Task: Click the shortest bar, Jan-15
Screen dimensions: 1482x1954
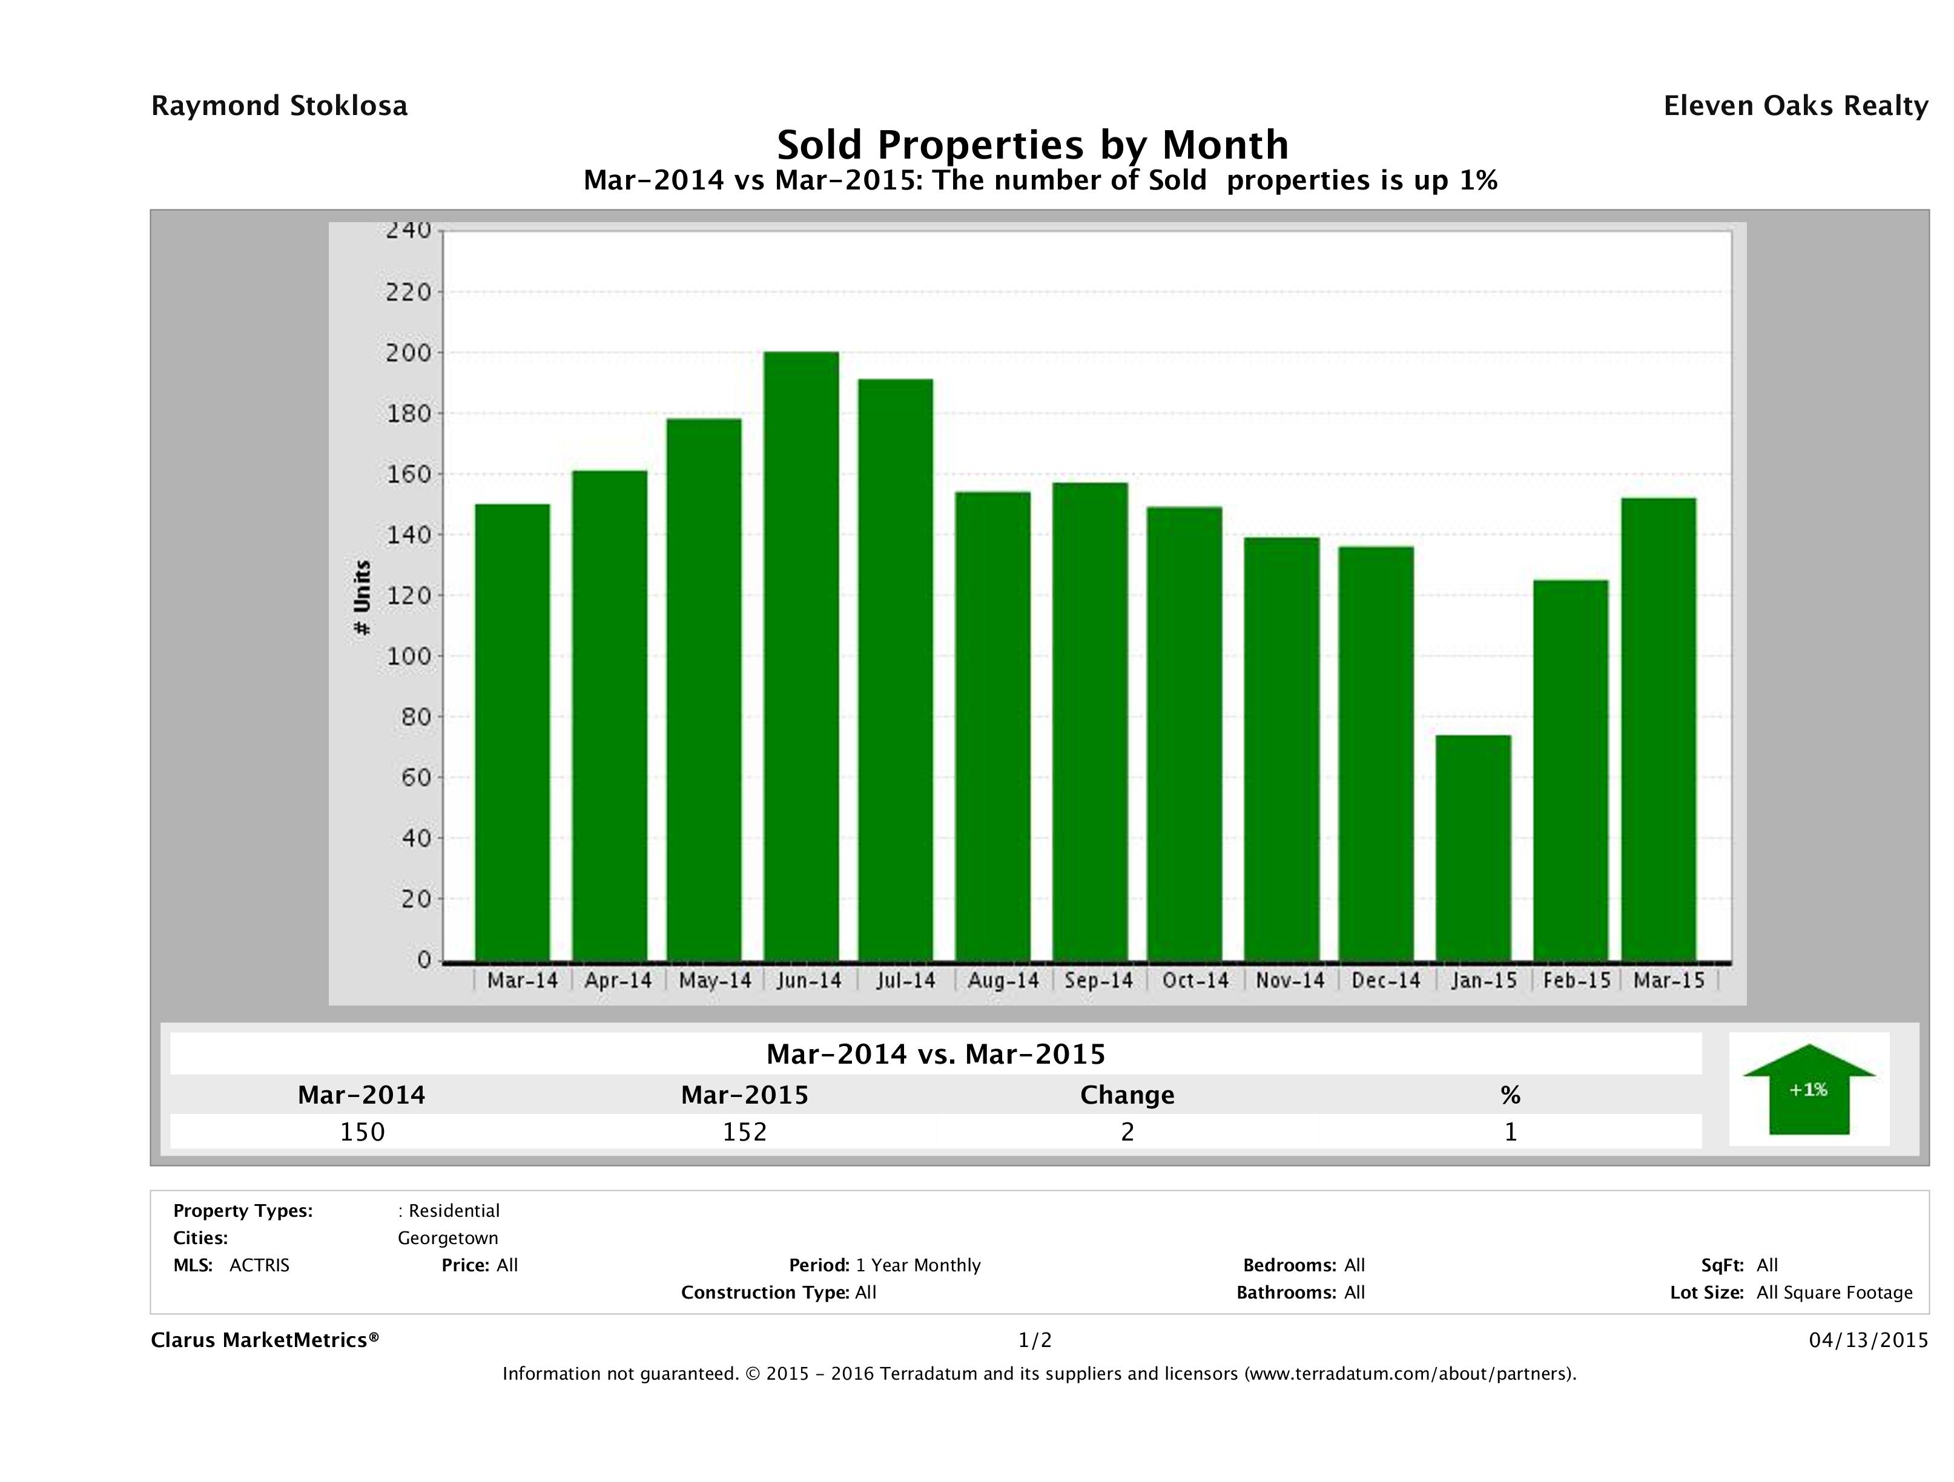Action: [x=1473, y=848]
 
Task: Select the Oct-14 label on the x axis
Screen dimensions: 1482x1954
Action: [x=1195, y=980]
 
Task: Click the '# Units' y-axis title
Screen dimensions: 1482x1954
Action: [x=361, y=598]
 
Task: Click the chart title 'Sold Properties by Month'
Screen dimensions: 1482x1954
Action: [x=1032, y=145]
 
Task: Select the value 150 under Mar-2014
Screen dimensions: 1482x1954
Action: [x=362, y=1132]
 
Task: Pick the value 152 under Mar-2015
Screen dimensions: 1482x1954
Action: [x=745, y=1132]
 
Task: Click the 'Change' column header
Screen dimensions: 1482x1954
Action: [x=1127, y=1095]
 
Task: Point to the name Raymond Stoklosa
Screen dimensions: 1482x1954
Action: [x=279, y=106]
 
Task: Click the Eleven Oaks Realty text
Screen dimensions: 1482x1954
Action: [x=1795, y=106]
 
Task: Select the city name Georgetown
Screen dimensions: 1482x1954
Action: [x=448, y=1238]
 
